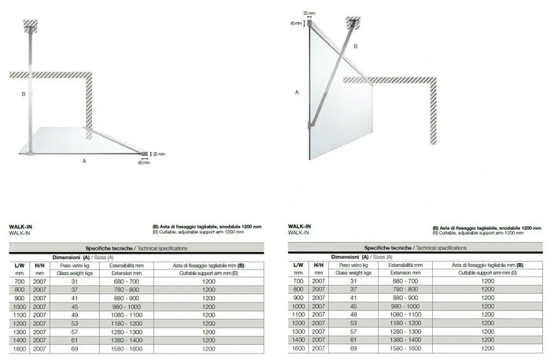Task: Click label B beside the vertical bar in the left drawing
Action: [24, 94]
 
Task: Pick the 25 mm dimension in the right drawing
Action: [309, 13]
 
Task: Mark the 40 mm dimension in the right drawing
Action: [296, 24]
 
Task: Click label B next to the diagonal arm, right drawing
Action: [356, 47]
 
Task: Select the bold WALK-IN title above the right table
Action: [300, 226]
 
